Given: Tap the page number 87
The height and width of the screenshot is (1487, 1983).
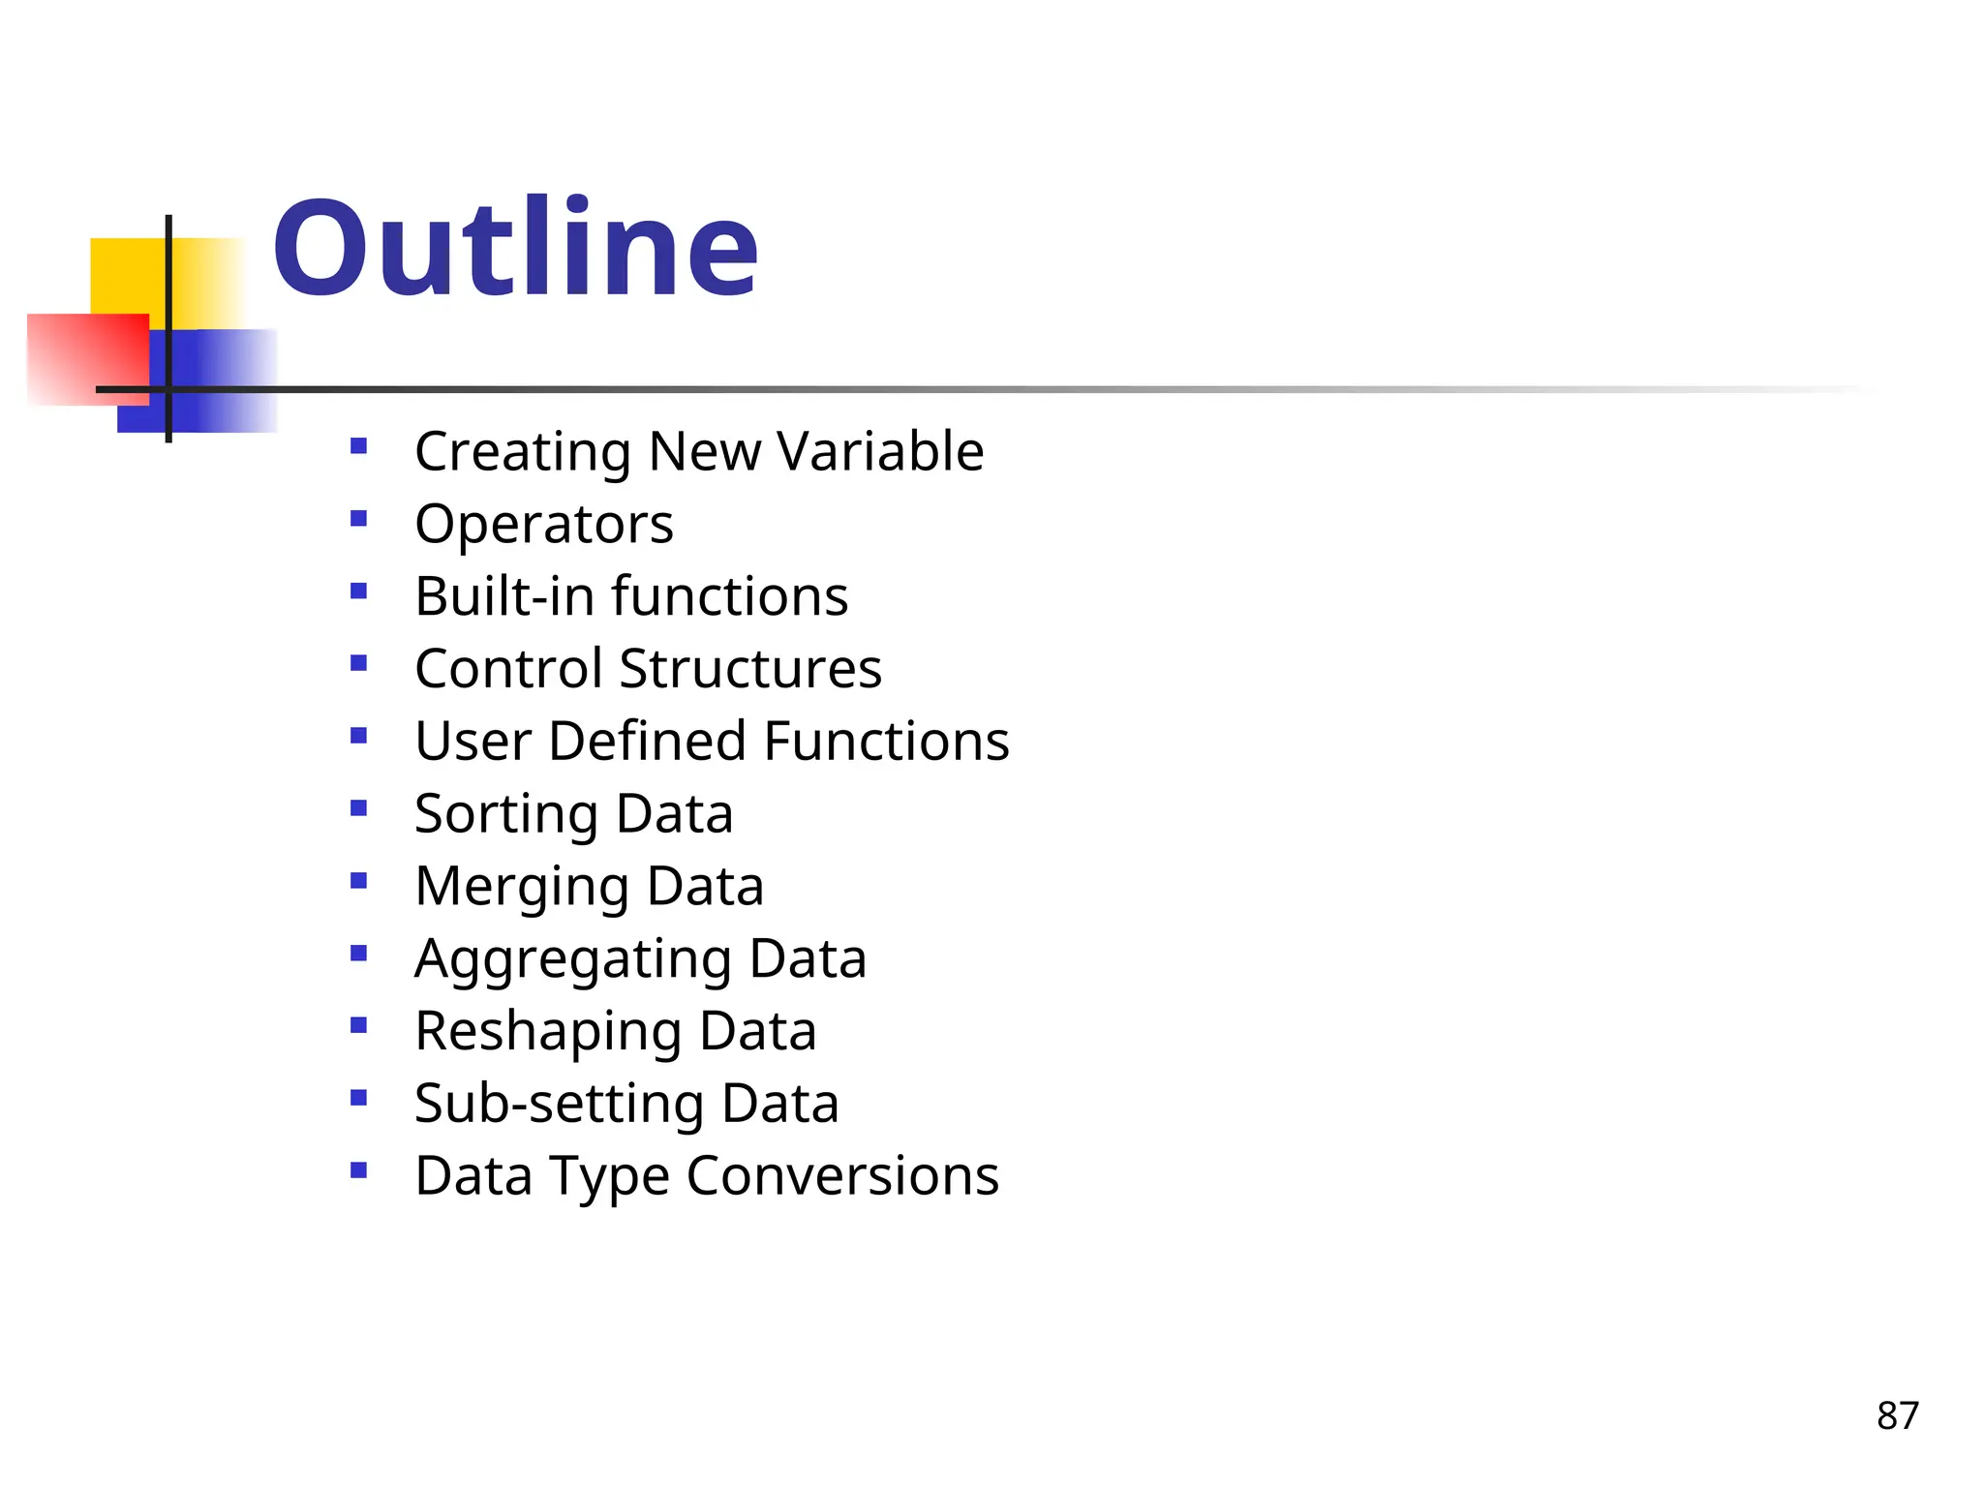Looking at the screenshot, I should click(x=1897, y=1415).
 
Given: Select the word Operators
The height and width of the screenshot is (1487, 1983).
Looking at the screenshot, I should click(x=543, y=524).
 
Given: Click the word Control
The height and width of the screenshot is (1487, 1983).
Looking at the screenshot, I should click(x=508, y=668).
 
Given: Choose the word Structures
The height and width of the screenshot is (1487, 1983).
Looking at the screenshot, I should click(x=750, y=668).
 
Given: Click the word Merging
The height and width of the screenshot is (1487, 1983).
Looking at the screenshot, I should click(x=521, y=887).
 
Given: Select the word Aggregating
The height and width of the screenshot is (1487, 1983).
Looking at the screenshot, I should click(x=572, y=959).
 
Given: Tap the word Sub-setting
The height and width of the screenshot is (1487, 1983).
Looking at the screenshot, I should click(x=559, y=1104).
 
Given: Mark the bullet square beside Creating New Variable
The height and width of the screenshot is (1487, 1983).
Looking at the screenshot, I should click(x=359, y=446).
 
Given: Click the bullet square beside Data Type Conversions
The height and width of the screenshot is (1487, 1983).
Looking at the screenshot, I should click(x=359, y=1170).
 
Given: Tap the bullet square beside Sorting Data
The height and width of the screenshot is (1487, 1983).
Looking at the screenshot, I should click(x=359, y=808).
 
